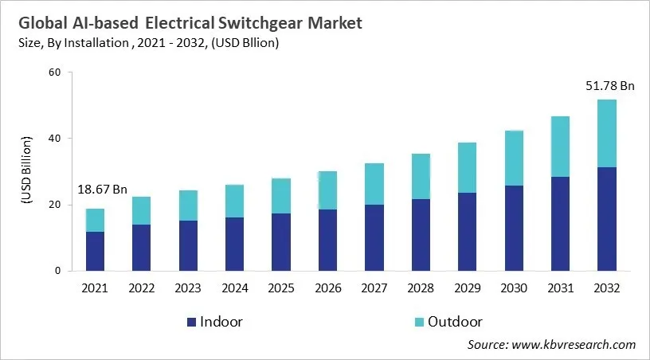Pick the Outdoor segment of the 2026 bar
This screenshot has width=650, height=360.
click(327, 190)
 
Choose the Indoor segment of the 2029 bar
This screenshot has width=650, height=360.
click(467, 231)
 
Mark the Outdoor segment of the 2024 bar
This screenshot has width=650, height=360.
click(234, 201)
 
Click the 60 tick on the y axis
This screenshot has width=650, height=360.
click(54, 72)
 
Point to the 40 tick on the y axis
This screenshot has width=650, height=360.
click(54, 139)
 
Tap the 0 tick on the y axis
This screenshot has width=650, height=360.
click(57, 271)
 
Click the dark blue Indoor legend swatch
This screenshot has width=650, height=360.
click(190, 322)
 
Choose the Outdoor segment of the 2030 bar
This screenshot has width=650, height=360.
click(513, 158)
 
